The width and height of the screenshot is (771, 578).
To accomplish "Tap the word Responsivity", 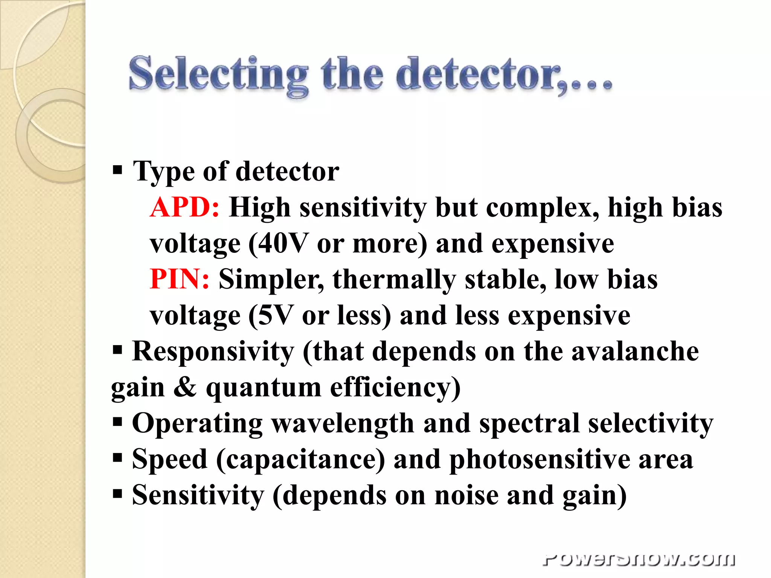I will pos(213,351).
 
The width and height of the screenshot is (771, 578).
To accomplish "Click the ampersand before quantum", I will pos(185,387).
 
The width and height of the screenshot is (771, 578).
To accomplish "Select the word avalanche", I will pos(635,351).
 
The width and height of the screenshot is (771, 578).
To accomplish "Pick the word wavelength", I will pos(343,423).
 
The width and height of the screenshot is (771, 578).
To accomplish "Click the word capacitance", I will pos(300,459).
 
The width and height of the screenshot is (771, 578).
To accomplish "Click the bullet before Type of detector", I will pos(117,170).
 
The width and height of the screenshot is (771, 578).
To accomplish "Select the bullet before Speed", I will pos(117,458).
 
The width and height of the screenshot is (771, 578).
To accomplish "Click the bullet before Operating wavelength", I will pos(117,422).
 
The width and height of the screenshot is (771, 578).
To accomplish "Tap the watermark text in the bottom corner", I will pos(639,560).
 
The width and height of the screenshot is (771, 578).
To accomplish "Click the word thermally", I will pos(394,279).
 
